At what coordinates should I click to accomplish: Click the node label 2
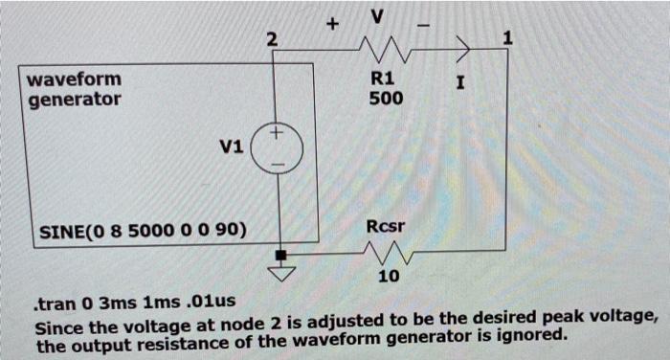(x=272, y=39)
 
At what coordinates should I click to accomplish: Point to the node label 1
(x=507, y=38)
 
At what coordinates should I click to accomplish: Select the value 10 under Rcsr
(x=386, y=277)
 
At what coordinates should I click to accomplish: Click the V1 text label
(x=231, y=147)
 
